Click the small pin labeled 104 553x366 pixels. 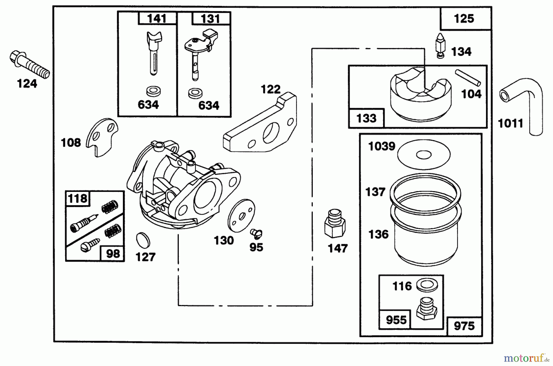tap(468, 78)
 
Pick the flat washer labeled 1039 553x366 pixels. tap(424, 154)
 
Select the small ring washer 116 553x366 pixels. tap(427, 285)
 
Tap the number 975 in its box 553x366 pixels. tap(464, 326)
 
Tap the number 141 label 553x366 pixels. tap(157, 19)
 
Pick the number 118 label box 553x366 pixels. tap(77, 198)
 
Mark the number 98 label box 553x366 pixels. tap(113, 254)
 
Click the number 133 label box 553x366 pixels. tap(366, 118)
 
